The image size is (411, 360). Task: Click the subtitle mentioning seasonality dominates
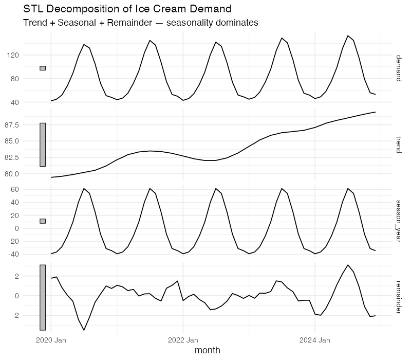(x=141, y=23)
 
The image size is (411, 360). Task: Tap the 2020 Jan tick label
(x=51, y=340)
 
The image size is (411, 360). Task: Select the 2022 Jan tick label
(x=183, y=340)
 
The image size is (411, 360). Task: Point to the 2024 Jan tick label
(x=315, y=340)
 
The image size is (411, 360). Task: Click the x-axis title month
(x=208, y=350)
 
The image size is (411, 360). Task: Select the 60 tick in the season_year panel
(x=29, y=190)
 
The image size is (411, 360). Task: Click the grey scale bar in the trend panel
(x=43, y=145)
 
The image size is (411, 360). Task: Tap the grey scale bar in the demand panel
(x=43, y=68)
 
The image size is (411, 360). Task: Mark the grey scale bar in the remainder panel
(x=43, y=297)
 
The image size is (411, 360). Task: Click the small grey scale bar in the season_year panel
(x=43, y=221)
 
